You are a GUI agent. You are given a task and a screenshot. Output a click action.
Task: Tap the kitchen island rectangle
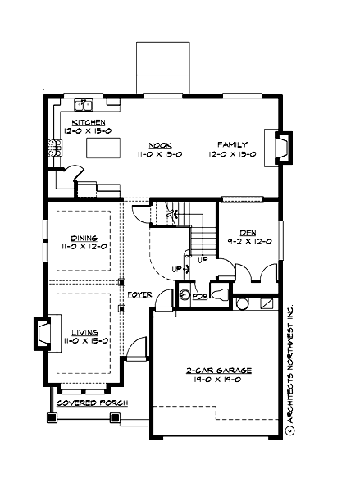[104, 148]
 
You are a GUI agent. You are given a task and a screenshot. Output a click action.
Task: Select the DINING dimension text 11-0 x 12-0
[84, 245]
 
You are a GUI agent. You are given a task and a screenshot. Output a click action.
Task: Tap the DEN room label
[248, 233]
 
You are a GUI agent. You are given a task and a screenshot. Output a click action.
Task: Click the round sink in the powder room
[185, 294]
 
